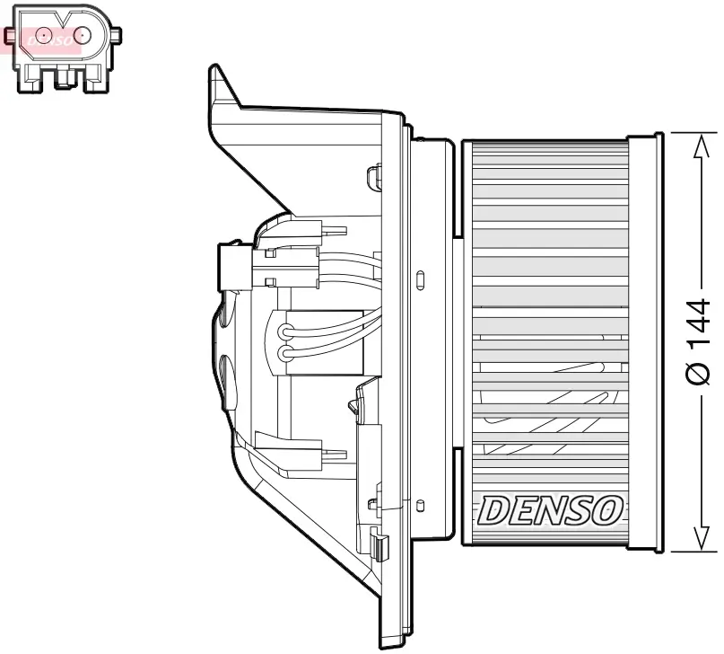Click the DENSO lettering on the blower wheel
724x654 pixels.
pyautogui.click(x=550, y=510)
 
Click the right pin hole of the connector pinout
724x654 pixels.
pyautogui.click(x=83, y=36)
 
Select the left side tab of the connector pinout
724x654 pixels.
pyautogui.click(x=9, y=36)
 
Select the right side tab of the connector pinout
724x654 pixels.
pyautogui.click(x=116, y=36)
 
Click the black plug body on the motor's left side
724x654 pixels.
pyautogui.click(x=234, y=267)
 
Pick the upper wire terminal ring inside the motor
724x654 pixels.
pyautogui.click(x=286, y=331)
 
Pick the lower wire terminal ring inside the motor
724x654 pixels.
pyautogui.click(x=286, y=354)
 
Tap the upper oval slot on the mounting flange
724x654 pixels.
pyautogui.click(x=421, y=279)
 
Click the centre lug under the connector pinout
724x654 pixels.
pyautogui.click(x=63, y=80)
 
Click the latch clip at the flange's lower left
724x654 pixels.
pyautogui.click(x=379, y=544)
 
